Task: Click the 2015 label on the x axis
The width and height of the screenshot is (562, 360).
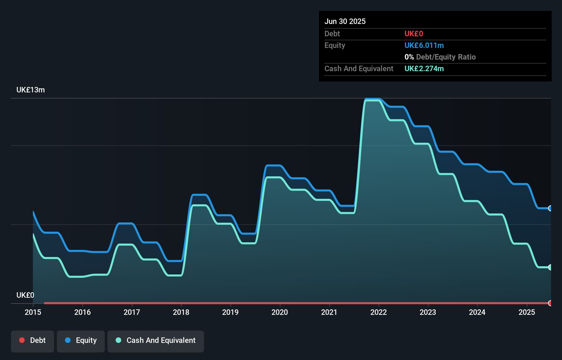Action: [x=33, y=312]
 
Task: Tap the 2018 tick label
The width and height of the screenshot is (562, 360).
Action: [x=181, y=312]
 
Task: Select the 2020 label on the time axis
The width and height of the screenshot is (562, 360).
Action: [x=280, y=312]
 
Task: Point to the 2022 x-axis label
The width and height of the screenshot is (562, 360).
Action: [x=379, y=312]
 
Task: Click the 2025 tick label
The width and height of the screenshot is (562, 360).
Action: [x=526, y=312]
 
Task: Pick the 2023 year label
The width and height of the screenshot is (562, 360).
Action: [x=428, y=312]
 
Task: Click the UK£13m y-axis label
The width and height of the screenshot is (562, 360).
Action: [x=30, y=90]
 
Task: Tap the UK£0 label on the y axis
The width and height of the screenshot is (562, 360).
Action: [x=25, y=295]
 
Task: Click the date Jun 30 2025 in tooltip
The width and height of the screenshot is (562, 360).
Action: [x=345, y=21]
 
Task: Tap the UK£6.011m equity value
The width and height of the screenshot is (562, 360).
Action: [x=424, y=46]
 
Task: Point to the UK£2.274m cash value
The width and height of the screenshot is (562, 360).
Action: [x=424, y=69]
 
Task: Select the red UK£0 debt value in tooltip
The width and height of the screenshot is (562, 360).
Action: [x=413, y=34]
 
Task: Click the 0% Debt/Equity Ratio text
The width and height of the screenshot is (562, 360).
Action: [x=440, y=57]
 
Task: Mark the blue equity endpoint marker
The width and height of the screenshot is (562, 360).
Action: [x=550, y=208]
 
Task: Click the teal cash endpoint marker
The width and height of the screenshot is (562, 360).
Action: [x=550, y=267]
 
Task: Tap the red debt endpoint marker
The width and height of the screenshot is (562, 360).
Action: [x=550, y=303]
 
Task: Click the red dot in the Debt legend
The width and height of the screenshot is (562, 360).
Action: [x=22, y=340]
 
